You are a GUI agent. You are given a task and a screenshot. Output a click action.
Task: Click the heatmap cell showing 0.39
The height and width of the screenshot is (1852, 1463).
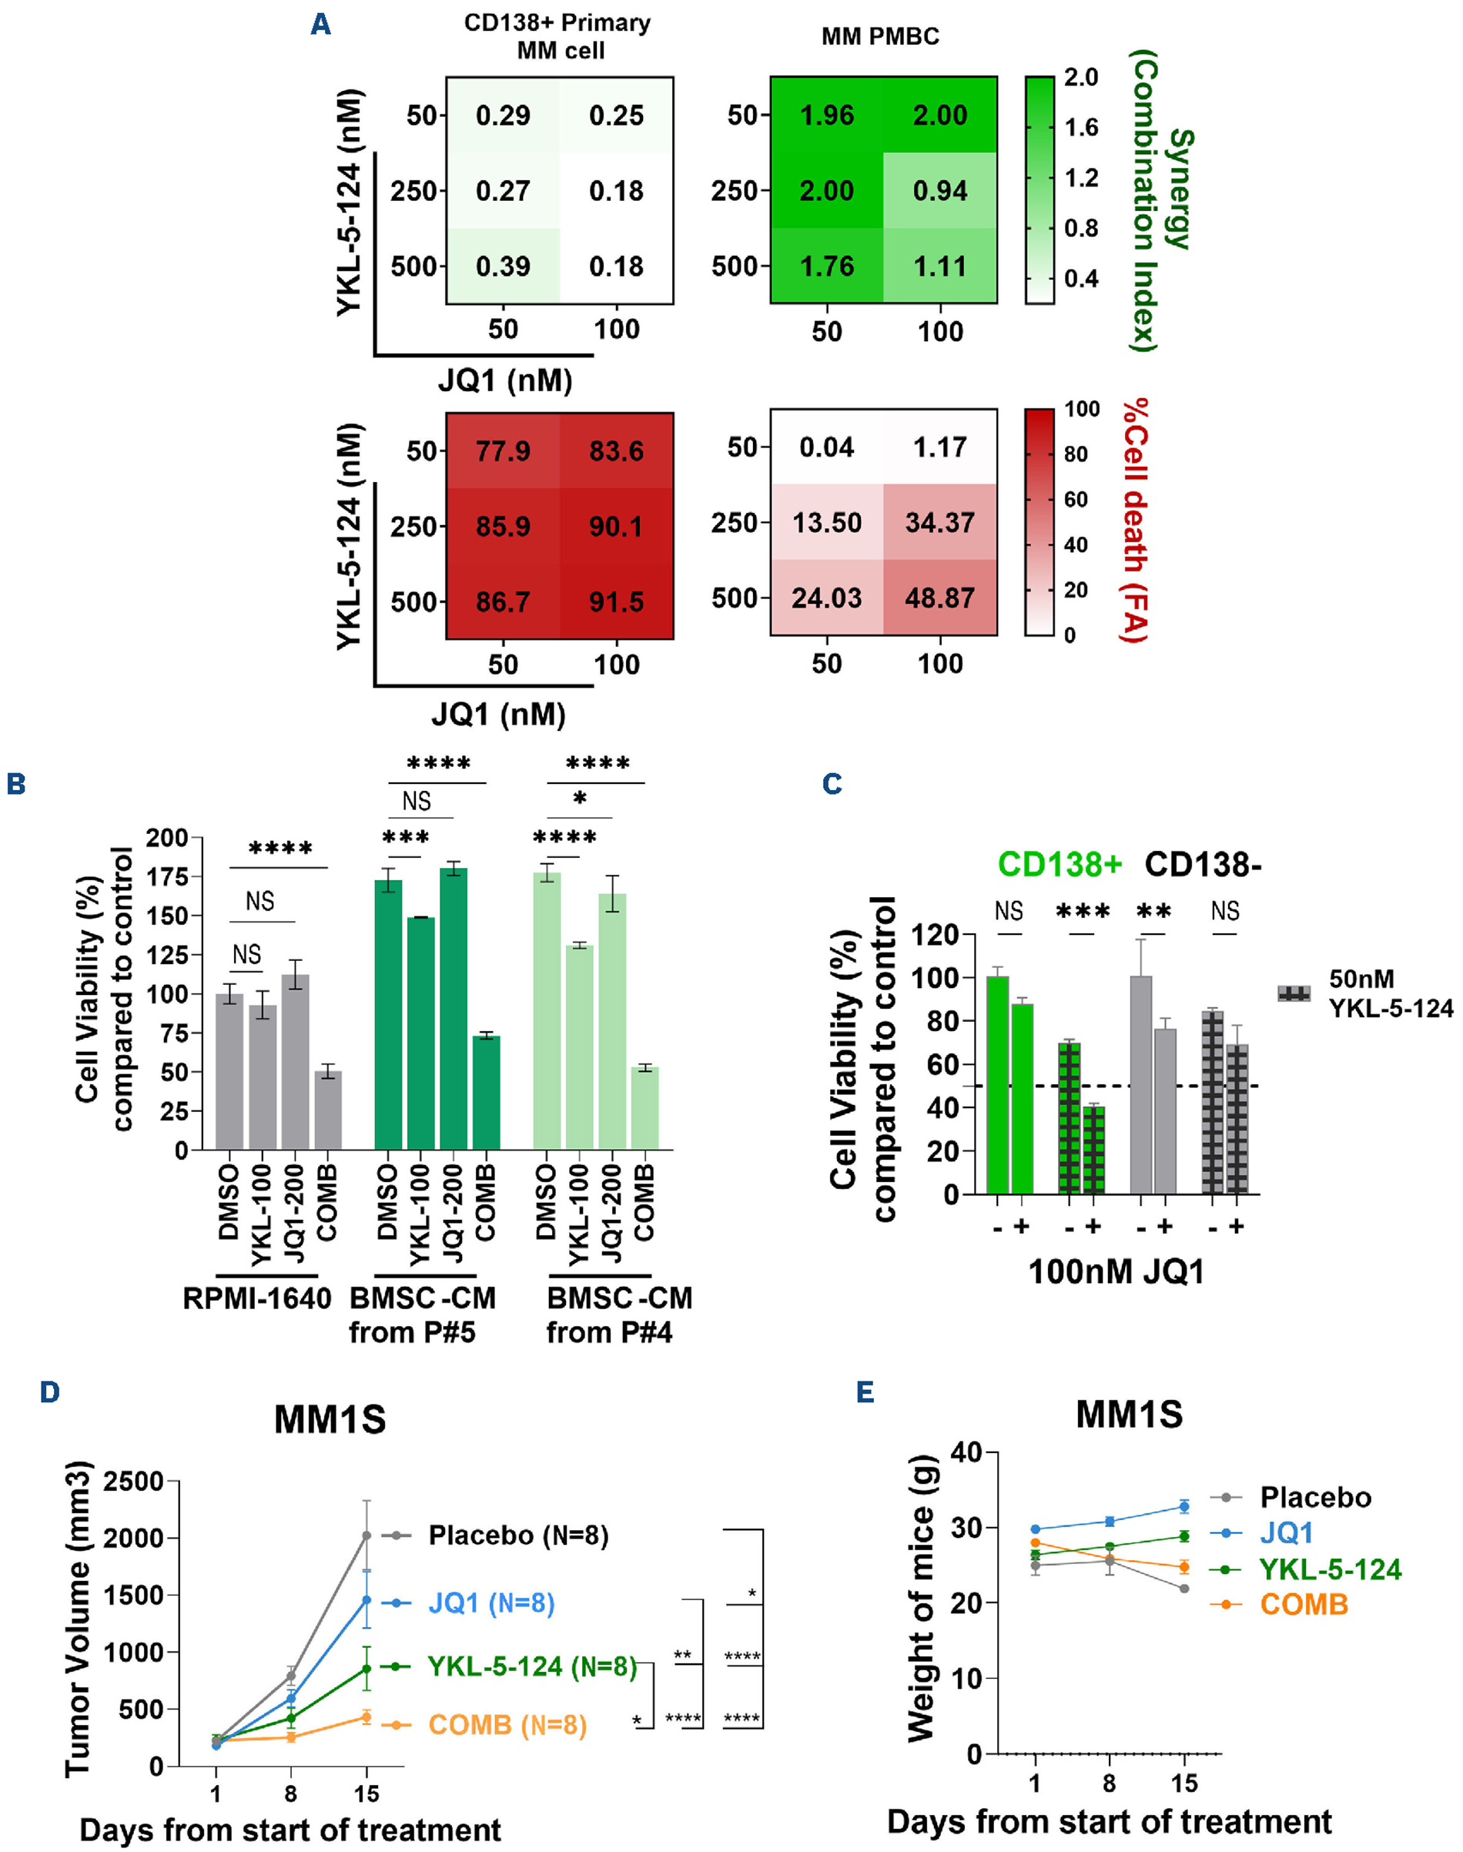(503, 266)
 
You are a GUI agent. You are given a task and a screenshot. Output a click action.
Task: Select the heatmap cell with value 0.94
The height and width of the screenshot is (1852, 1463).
(939, 190)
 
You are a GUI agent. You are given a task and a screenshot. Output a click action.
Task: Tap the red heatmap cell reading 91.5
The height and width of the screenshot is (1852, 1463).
(616, 601)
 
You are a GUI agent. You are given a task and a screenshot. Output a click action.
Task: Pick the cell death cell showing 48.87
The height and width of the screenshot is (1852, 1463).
(939, 598)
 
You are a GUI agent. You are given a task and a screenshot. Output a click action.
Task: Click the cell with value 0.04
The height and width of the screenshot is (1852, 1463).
(826, 447)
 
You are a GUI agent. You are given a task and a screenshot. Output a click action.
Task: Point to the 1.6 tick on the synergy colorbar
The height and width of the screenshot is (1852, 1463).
(1080, 128)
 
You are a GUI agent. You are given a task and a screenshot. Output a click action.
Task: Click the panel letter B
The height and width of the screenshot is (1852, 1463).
(15, 785)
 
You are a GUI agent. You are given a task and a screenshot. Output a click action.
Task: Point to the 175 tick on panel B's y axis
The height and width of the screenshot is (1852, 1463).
(167, 876)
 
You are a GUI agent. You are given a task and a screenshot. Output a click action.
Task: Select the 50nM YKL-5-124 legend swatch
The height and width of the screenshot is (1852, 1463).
(1294, 993)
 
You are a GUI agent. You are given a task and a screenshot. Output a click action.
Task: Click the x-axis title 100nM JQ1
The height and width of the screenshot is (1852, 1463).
(1116, 1272)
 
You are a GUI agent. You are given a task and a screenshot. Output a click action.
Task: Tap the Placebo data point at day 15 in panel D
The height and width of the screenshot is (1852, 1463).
(367, 1536)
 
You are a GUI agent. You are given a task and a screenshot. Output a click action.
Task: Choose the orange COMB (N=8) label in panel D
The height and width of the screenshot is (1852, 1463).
(507, 1724)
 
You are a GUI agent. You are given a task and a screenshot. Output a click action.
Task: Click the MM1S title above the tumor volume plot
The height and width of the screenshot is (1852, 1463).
(330, 1419)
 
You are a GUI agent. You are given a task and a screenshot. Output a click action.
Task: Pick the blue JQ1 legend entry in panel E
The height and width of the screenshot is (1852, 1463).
(1286, 1532)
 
